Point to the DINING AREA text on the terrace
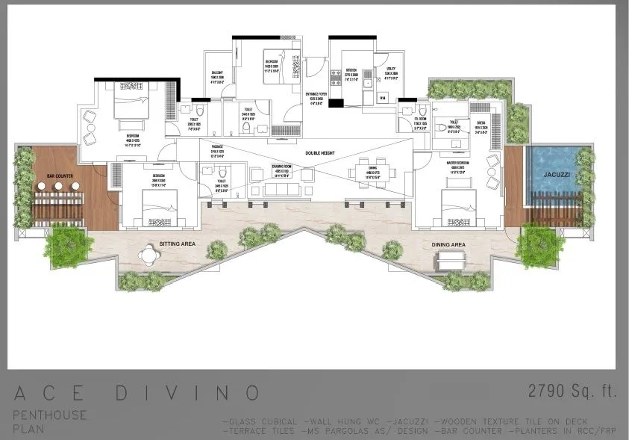click(448, 244)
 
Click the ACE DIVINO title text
click(136, 393)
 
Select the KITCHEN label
click(350, 73)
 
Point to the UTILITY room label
click(391, 72)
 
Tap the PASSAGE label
click(217, 148)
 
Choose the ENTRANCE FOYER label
click(316, 96)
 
